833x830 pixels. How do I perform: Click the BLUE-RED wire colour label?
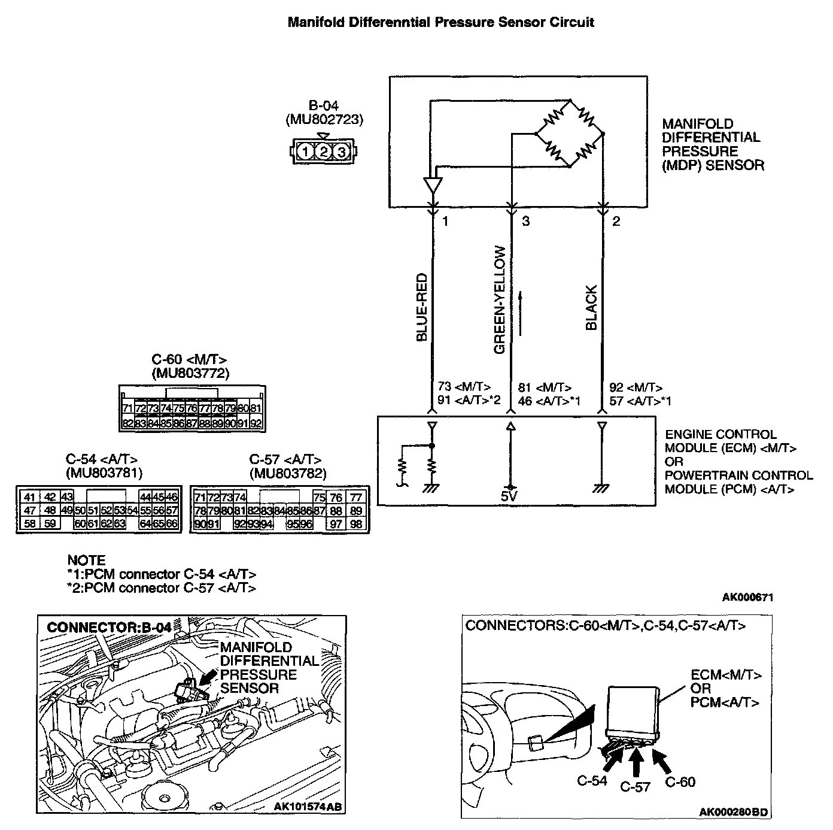coord(422,307)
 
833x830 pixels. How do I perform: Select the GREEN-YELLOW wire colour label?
coord(500,299)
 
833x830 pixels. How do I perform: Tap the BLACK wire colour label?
coord(592,308)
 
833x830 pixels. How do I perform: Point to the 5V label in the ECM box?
coord(509,496)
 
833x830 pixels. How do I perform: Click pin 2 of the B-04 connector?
coord(324,152)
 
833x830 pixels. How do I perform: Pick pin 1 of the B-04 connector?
coord(306,152)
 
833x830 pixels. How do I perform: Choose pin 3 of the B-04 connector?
coord(342,152)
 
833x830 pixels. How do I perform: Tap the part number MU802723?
coord(324,119)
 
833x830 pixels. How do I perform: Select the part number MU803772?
coord(191,374)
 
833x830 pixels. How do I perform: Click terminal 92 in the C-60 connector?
coord(256,423)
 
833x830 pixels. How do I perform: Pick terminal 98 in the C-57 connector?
coord(355,524)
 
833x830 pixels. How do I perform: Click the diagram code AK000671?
coord(748,597)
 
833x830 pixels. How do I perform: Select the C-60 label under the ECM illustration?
coord(680,781)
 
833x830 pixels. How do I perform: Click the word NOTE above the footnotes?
coord(86,561)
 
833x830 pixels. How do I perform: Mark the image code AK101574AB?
coord(308,807)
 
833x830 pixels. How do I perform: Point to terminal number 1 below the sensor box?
coord(445,222)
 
